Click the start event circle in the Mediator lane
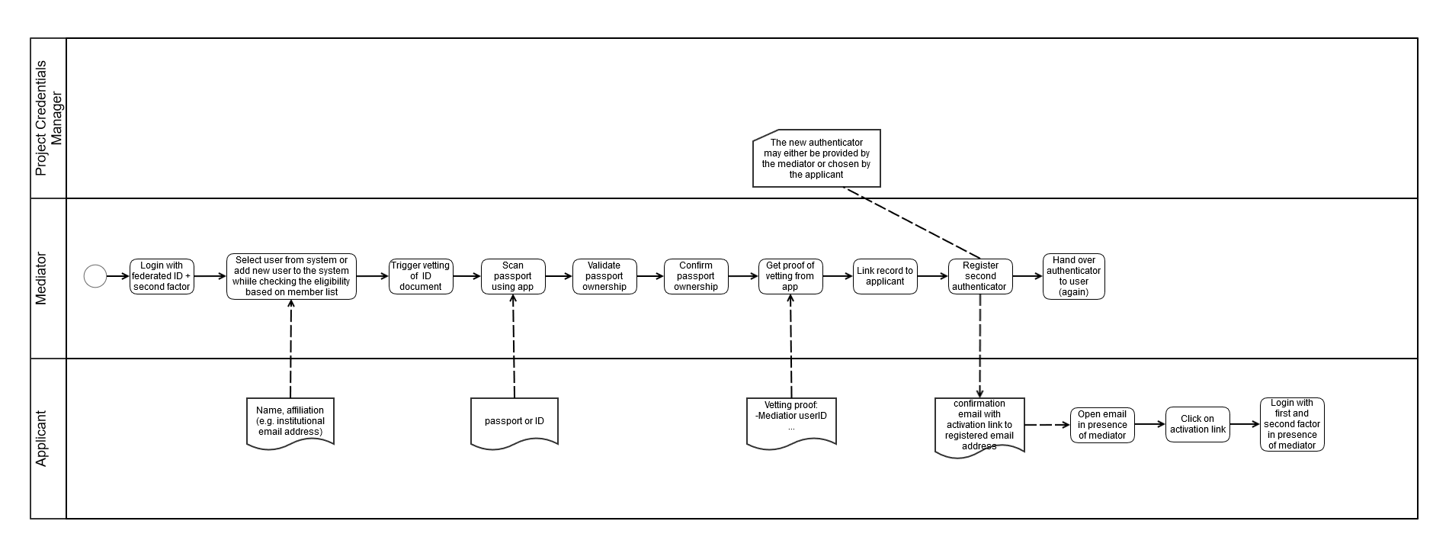pos(95,276)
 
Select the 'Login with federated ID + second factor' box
pos(162,276)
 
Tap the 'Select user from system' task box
pos(291,276)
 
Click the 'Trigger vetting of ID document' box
pos(421,276)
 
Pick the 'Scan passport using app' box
pos(513,276)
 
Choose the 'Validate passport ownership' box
pos(604,276)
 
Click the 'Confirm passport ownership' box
pos(696,276)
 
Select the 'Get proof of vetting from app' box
pos(790,276)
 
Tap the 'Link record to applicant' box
pos(885,276)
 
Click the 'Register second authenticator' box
pos(980,276)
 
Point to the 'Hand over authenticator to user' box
pos(1073,276)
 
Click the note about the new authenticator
pos(816,158)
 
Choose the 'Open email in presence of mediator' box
pos(1102,425)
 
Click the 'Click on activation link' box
pos(1197,424)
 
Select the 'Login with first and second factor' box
pos(1292,424)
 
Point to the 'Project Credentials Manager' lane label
pos(48,118)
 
